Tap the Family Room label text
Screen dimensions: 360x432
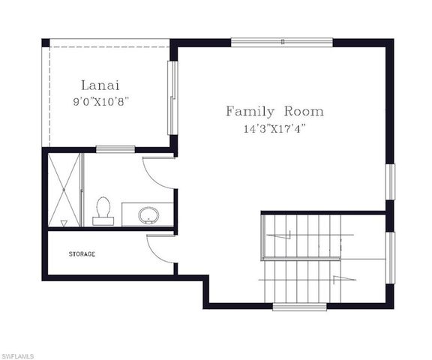coord(274,112)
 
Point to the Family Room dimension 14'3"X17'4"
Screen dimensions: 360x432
coord(274,128)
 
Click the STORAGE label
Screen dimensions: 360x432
coord(82,254)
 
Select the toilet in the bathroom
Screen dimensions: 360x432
coord(103,210)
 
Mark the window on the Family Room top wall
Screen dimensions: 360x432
coord(281,42)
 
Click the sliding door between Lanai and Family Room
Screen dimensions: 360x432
coord(172,97)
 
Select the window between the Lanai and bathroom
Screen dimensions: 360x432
coord(115,148)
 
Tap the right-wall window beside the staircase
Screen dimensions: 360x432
coord(389,258)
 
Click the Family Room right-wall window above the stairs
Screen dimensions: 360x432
coord(389,181)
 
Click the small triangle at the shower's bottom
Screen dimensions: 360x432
coord(64,223)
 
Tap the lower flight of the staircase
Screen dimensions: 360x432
coord(300,280)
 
